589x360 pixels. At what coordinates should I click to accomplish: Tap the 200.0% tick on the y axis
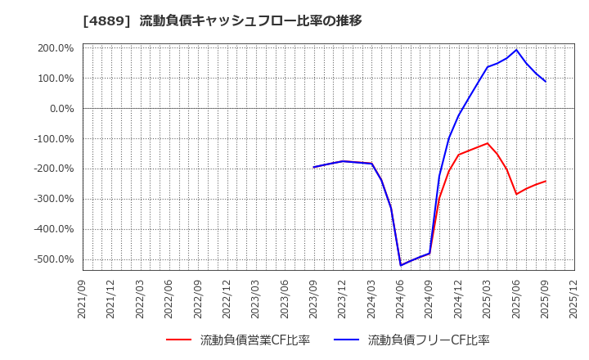tap(56, 48)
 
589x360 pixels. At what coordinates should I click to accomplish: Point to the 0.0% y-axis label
tap(61, 109)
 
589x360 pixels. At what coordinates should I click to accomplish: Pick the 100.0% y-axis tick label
tap(56, 79)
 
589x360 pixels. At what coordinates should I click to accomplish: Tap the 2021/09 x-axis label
tap(83, 301)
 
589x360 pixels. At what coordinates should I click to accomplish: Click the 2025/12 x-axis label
tap(574, 301)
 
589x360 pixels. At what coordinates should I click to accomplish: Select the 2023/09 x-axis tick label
tap(314, 301)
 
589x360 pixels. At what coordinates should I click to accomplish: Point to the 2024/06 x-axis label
tap(401, 301)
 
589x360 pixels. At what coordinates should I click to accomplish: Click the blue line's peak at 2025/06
tap(516, 50)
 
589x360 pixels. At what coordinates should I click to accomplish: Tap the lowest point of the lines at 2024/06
tap(401, 265)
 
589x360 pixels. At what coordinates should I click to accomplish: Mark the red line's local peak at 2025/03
tap(488, 143)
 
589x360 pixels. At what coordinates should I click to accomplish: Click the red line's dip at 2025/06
tap(516, 194)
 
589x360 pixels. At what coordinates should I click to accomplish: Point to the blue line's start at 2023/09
tap(314, 167)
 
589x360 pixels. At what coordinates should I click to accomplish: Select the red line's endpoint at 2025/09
tap(546, 181)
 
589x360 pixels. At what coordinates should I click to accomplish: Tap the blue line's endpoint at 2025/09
tap(546, 81)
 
